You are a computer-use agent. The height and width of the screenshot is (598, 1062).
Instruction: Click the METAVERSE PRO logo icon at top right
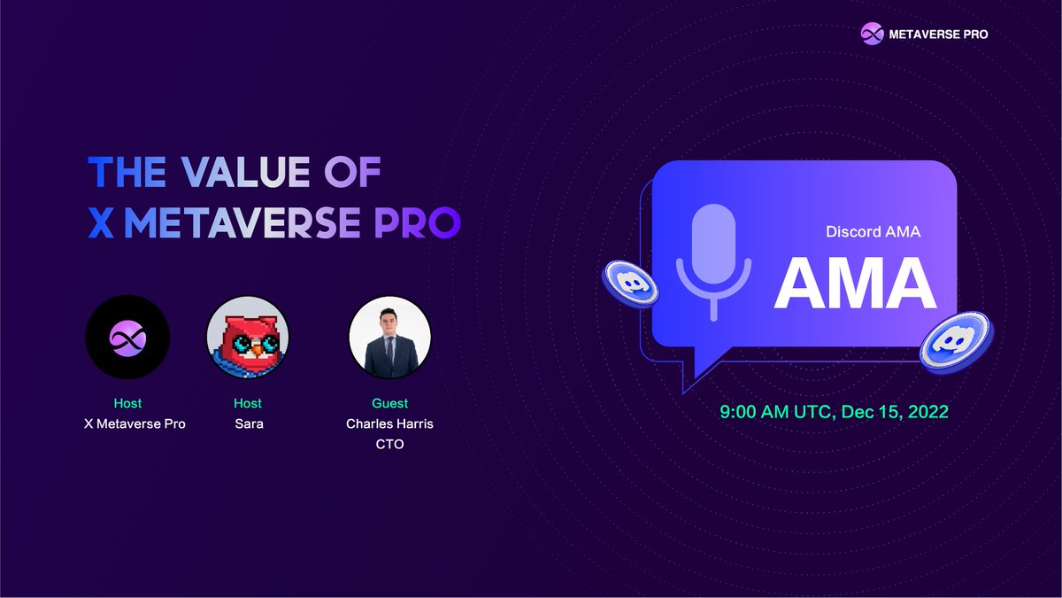tap(873, 34)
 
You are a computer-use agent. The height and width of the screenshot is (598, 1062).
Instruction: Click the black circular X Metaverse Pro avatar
tap(127, 337)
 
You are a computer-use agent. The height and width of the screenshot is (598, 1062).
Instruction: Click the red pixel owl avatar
tap(248, 337)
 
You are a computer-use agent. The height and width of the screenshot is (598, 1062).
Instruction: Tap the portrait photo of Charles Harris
tap(389, 337)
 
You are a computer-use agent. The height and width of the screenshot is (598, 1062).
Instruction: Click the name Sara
tap(248, 424)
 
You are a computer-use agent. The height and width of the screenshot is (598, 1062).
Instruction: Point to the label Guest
tap(389, 404)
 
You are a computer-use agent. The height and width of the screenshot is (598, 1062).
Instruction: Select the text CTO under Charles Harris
tap(389, 444)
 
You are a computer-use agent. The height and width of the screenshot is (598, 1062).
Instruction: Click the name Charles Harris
tap(389, 424)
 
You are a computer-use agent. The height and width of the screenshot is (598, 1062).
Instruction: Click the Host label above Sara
tap(248, 404)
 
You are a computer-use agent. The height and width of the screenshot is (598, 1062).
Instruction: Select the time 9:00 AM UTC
tap(773, 412)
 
